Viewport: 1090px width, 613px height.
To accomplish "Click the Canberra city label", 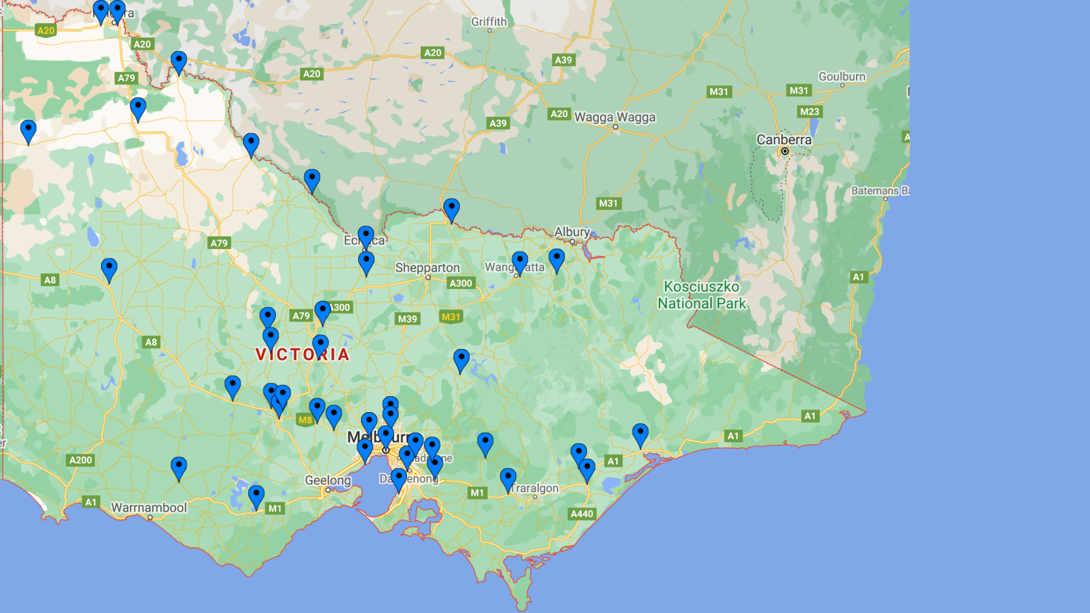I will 783,140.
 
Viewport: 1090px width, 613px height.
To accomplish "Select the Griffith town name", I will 488,22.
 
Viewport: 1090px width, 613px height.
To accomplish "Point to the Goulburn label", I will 841,77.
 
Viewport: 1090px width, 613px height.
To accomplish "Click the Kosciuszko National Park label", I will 702,295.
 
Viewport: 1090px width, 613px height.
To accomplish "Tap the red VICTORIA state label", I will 302,355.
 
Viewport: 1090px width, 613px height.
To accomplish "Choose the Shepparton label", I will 427,268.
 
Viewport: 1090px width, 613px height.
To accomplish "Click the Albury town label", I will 572,232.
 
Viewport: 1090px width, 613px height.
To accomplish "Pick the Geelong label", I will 328,481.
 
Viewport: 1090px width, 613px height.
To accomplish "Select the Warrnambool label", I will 148,507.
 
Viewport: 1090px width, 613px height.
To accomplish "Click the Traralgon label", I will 534,488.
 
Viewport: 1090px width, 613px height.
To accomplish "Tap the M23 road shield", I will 810,112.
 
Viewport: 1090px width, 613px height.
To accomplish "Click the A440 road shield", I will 581,514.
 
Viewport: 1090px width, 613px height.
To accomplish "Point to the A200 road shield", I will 80,460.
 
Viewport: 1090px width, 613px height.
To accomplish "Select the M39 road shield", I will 407,319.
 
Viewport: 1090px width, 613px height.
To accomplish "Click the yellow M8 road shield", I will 305,420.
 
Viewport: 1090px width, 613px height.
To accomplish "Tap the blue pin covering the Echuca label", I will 366,236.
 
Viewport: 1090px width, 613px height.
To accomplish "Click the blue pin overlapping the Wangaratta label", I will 519,262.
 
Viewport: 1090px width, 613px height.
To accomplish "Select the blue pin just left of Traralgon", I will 508,478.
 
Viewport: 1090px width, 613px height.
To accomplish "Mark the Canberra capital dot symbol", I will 785,152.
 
